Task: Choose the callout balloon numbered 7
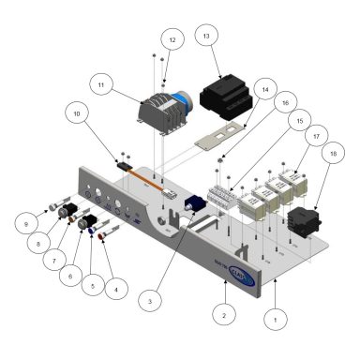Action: [58, 255]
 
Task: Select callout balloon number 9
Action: [29, 223]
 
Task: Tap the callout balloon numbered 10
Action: [76, 114]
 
